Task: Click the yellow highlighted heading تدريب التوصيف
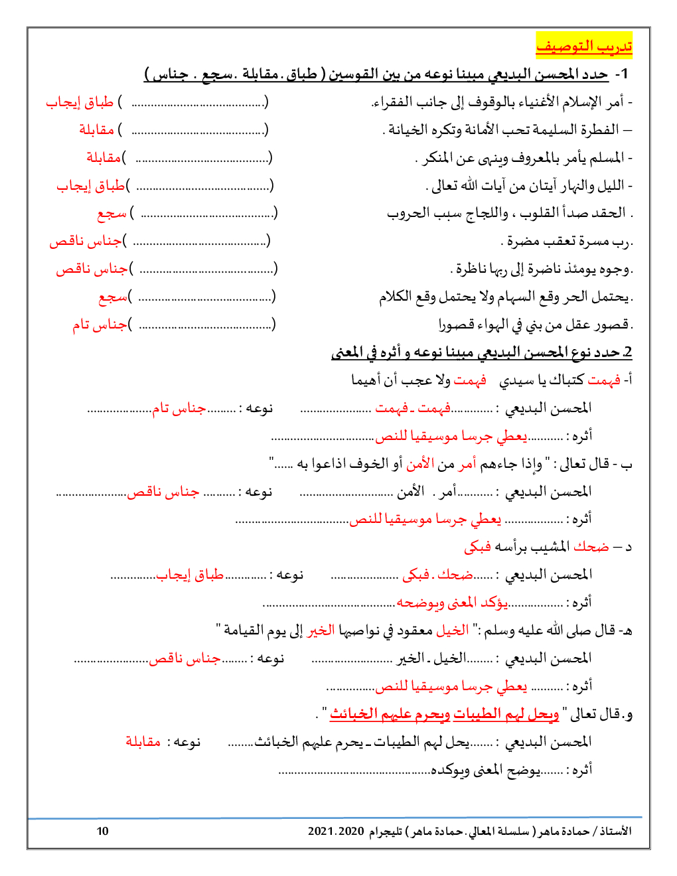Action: (584, 46)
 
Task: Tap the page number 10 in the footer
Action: (102, 831)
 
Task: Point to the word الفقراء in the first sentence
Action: (392, 102)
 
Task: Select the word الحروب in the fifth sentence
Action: (406, 213)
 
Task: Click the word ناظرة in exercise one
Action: (471, 269)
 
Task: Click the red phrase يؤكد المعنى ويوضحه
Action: (452, 603)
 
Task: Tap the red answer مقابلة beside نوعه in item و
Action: (143, 741)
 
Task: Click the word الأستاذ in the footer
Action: (615, 831)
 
